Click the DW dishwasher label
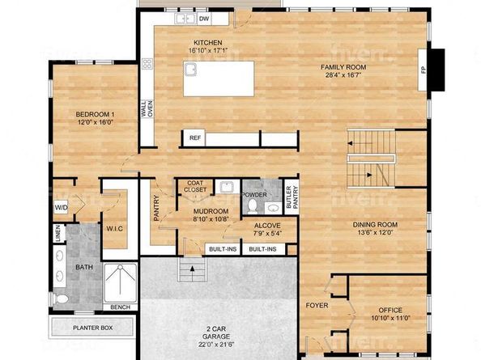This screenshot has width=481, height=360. point(204,19)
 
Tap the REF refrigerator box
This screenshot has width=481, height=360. point(195,138)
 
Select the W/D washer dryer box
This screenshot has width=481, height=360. point(61,207)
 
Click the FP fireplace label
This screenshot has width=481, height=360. point(424,70)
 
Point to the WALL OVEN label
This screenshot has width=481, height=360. point(147,108)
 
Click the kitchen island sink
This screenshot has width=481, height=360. point(190,70)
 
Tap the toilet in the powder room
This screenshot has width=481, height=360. point(253,206)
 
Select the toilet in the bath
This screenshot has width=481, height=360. point(62,299)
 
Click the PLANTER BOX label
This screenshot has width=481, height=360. point(92,328)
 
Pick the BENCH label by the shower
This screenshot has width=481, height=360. point(120,307)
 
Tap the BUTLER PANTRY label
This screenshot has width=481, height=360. point(292,197)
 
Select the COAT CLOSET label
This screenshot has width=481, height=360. point(195,186)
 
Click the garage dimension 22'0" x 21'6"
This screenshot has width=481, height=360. point(216,344)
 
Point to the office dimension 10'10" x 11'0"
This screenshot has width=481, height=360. point(390,318)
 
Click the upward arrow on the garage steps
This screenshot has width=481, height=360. point(193,269)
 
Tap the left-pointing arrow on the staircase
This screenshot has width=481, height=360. point(353,143)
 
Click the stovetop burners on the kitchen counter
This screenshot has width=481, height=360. point(147,63)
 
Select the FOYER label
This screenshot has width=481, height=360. point(317,306)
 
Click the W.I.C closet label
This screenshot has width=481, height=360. point(115,229)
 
